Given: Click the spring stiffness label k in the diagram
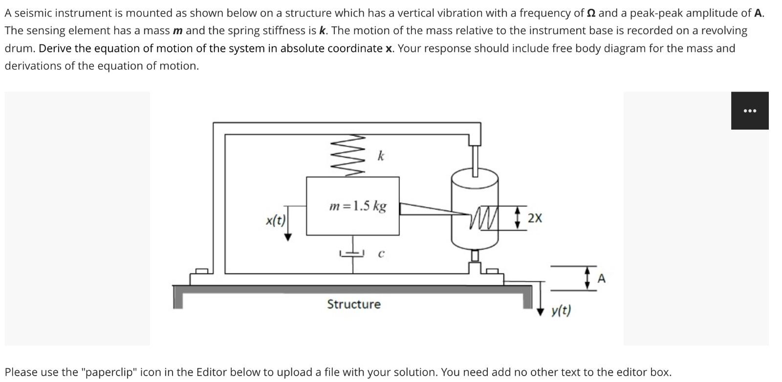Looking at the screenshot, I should click(x=381, y=156).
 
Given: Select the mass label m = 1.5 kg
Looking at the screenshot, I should click(x=358, y=206).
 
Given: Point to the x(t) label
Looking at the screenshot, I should click(x=276, y=220).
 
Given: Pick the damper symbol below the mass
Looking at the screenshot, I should click(x=352, y=254).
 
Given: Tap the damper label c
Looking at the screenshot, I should click(x=381, y=254).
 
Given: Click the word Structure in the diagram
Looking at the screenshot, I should click(x=353, y=304).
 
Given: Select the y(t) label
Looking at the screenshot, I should click(x=561, y=310).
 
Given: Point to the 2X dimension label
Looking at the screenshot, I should click(x=535, y=218).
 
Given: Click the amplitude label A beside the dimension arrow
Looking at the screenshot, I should click(x=601, y=278).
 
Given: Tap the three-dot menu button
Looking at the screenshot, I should click(x=749, y=111).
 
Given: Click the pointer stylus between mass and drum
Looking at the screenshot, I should click(x=430, y=209).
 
